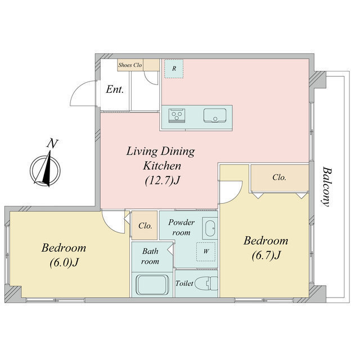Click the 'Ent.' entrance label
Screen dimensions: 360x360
115,89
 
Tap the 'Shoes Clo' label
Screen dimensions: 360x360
130,65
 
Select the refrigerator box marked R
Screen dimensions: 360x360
174,69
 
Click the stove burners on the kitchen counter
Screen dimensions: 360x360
176,115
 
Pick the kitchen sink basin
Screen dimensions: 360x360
215,115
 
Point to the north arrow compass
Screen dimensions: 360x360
45,169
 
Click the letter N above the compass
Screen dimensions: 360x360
52,144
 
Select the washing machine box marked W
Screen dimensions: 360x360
206,251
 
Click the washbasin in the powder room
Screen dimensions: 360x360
210,228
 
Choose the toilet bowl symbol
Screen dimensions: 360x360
206,283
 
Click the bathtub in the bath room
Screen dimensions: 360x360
152,285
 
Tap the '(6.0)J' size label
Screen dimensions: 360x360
64,262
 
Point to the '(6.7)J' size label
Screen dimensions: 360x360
266,255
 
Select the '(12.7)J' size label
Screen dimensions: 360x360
162,181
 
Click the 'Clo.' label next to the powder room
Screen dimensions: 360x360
145,226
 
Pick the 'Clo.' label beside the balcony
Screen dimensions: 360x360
280,177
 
